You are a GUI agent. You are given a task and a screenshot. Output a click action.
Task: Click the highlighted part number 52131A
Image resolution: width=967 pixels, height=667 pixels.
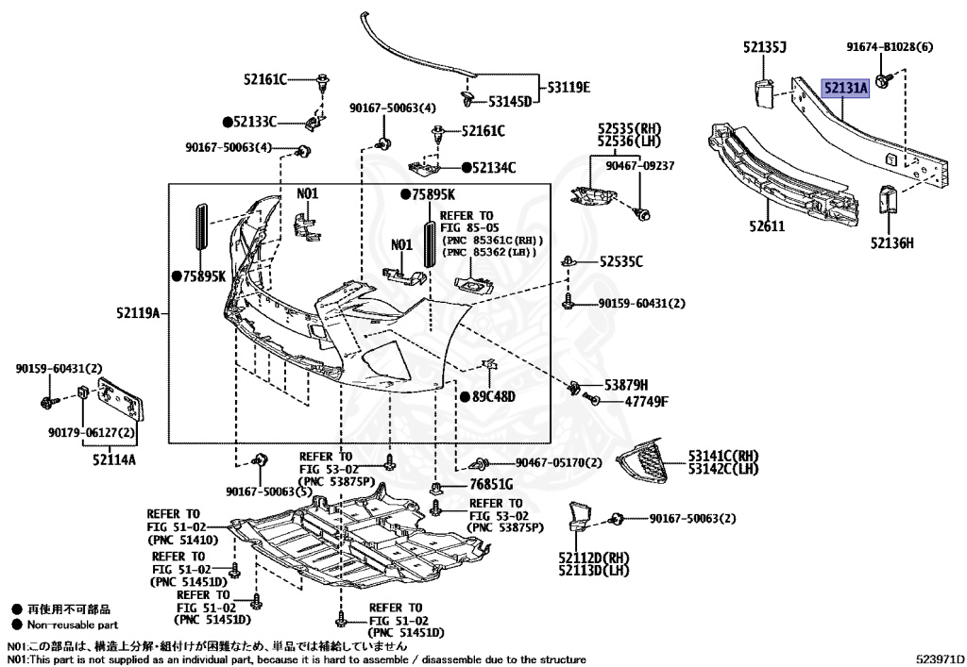(843, 89)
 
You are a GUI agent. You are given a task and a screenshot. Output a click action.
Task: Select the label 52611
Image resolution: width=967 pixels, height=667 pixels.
(768, 226)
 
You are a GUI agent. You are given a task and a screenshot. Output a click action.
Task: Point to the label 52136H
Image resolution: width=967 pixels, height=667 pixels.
(891, 242)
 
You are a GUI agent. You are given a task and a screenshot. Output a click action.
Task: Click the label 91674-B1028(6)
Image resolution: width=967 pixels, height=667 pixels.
(889, 46)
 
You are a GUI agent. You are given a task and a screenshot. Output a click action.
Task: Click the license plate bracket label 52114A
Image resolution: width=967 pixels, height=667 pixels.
(113, 460)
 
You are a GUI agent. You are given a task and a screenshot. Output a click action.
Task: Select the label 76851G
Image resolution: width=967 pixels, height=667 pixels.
(491, 485)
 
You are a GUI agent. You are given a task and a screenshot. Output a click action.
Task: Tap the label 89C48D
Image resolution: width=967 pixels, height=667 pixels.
(494, 396)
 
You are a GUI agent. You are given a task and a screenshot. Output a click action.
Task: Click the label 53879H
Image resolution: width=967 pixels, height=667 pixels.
(626, 385)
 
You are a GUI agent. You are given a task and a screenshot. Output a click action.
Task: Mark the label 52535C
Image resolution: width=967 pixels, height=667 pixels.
(621, 261)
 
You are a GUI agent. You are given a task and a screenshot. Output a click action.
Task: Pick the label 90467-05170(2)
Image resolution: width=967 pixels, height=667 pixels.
(558, 462)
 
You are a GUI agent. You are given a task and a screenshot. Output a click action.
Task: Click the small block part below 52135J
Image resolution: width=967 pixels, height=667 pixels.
(764, 92)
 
